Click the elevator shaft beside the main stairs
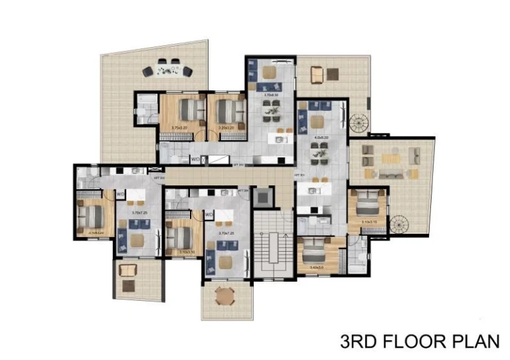coord(263,197)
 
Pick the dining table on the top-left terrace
coord(167,69)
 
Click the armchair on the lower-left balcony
coord(128,270)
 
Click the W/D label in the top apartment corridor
coord(195,159)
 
